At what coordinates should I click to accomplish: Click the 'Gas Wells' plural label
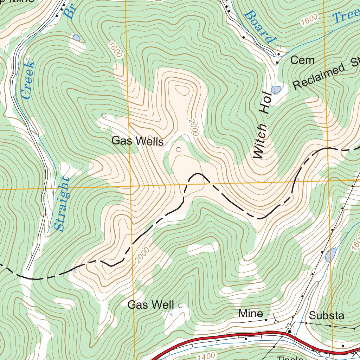pos(137,142)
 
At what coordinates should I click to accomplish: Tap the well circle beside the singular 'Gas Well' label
pos(181,306)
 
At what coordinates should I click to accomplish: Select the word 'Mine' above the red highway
pos(250,313)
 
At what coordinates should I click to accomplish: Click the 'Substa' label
pos(327,315)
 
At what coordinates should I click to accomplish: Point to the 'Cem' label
pos(302,60)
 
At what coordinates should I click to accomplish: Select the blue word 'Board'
pos(259,27)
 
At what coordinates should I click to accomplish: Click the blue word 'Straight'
pos(62,204)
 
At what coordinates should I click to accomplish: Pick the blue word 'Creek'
pos(27,80)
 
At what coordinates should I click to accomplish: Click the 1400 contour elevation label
pos(204,355)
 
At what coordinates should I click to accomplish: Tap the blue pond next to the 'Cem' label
pos(276,90)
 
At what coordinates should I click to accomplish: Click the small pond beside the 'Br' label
pos(76,38)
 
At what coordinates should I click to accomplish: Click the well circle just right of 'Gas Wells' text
pos(178,150)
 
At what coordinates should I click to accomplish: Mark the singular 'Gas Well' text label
pos(151,305)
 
